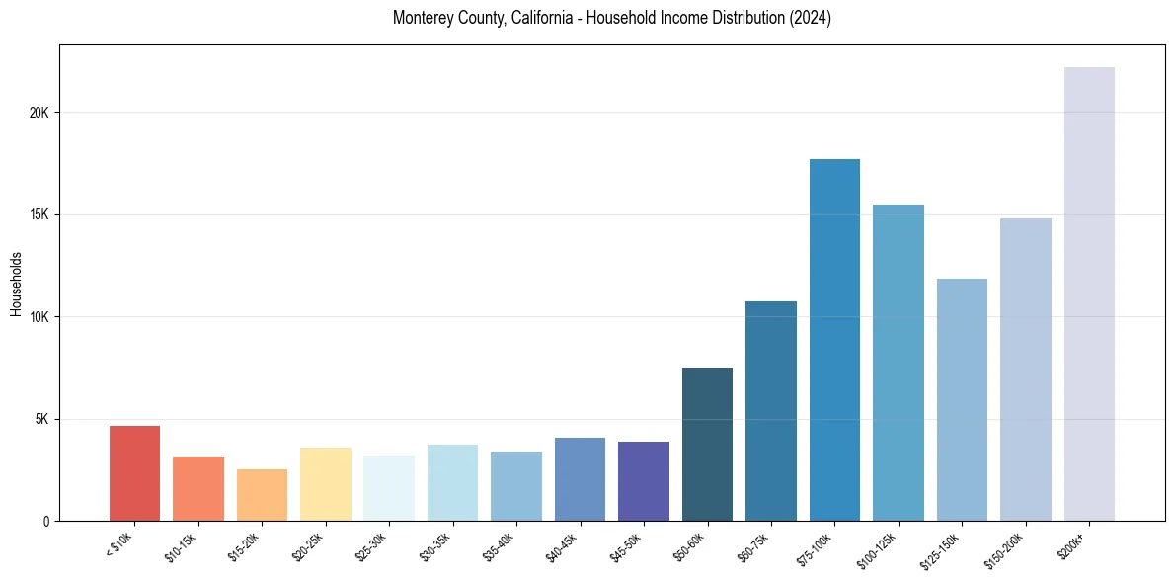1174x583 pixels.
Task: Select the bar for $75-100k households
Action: (834, 340)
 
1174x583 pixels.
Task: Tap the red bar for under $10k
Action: (134, 473)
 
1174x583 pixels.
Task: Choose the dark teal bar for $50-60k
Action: (707, 444)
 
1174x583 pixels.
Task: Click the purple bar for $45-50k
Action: (644, 481)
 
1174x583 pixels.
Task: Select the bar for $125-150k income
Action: (962, 399)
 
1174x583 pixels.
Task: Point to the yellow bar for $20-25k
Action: (325, 484)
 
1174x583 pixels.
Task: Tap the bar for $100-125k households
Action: (899, 363)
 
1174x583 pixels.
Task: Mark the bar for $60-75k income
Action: (771, 411)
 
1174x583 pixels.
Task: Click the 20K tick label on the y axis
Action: (39, 113)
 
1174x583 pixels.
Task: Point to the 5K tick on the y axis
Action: (41, 419)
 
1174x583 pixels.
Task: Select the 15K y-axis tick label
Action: (39, 214)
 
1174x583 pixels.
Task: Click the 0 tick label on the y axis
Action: (45, 521)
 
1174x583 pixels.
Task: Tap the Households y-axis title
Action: (16, 284)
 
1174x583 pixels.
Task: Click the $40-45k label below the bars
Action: (562, 547)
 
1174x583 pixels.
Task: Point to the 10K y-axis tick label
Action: (39, 317)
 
